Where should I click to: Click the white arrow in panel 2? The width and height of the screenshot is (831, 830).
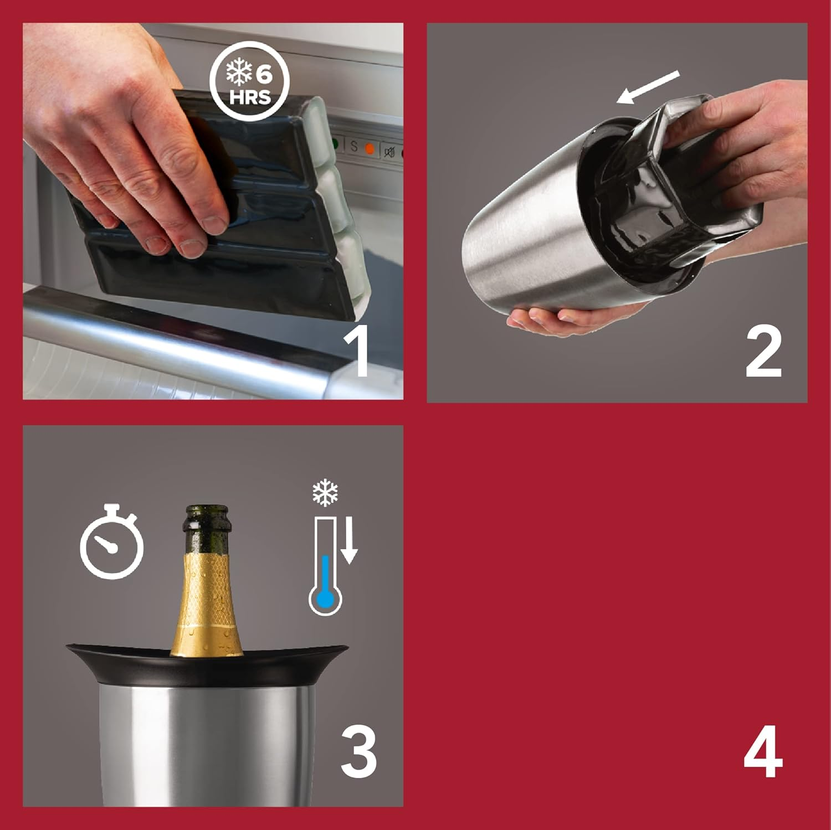[648, 87]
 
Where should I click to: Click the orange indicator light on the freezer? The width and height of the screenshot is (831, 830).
[370, 149]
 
